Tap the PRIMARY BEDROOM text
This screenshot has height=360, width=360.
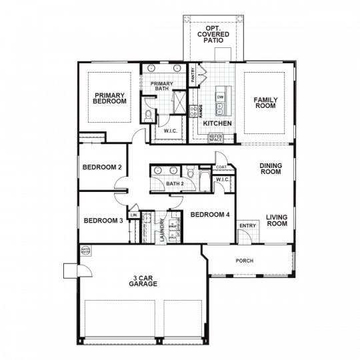[110, 98]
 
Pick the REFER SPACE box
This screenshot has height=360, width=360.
[215, 138]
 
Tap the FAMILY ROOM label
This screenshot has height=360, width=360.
[265, 104]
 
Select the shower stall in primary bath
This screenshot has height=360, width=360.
[179, 102]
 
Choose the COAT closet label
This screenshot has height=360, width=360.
[221, 167]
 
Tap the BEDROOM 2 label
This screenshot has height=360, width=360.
[101, 167]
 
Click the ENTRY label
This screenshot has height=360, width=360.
[247, 225]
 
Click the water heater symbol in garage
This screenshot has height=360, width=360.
[85, 251]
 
